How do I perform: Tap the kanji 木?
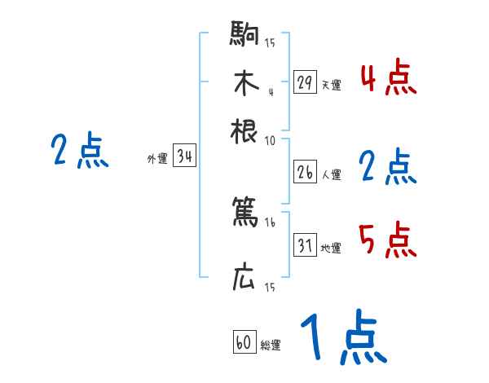click(x=244, y=83)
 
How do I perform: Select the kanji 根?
click(x=244, y=130)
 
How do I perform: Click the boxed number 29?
click(x=305, y=82)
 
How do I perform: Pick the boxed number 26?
click(x=305, y=173)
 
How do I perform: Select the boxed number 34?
click(x=184, y=157)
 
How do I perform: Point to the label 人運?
click(x=331, y=174)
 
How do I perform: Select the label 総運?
click(x=271, y=346)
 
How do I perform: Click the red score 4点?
click(x=388, y=79)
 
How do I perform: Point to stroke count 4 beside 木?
click(x=270, y=90)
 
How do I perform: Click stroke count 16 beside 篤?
click(x=270, y=222)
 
